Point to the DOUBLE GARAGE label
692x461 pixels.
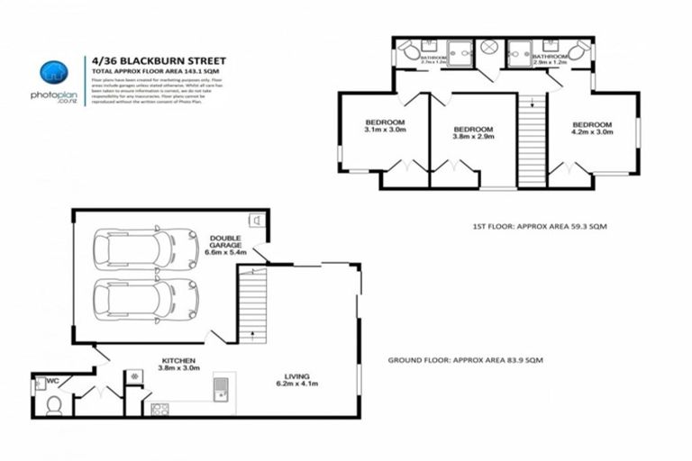tap(226, 244)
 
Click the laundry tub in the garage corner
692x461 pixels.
tap(256, 220)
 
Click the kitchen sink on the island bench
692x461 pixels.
tap(219, 389)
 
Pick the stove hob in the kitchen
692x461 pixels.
tap(159, 410)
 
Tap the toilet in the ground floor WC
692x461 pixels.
tap(52, 405)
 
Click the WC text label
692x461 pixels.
tap(52, 381)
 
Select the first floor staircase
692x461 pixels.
tap(532, 140)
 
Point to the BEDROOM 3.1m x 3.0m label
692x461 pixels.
tap(385, 127)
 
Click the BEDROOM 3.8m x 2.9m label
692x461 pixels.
tap(473, 133)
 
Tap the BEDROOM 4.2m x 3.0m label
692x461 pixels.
tap(592, 128)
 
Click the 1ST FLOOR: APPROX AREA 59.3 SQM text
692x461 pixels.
tap(539, 227)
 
